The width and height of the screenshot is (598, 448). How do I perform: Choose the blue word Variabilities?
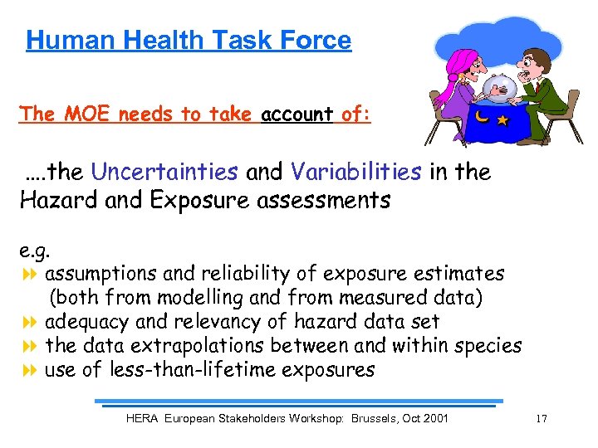pos(355,172)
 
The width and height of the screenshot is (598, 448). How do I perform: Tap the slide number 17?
pos(542,419)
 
